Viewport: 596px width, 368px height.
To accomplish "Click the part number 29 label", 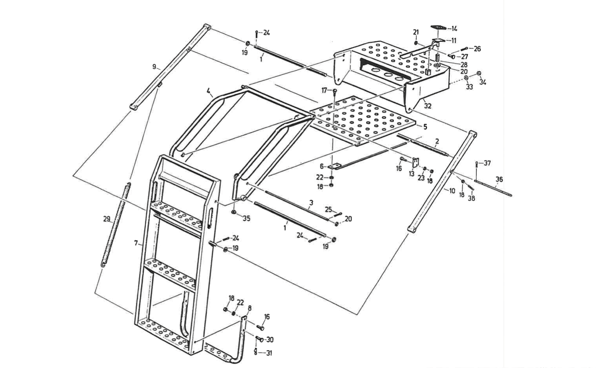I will (106, 219).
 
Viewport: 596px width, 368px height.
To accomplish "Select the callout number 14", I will (454, 29).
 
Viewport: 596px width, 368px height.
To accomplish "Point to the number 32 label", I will (428, 106).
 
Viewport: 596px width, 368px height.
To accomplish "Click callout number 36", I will (499, 180).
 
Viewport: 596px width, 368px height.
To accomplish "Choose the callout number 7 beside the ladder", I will (136, 243).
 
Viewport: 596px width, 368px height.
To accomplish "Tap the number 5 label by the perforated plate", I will (425, 127).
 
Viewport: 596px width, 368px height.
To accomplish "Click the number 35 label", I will (246, 218).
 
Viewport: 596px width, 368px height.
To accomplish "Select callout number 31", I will (268, 353).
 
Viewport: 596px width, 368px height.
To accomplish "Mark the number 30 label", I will (270, 340).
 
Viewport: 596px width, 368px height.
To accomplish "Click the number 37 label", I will (487, 163).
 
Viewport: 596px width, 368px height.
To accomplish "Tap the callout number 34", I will (483, 82).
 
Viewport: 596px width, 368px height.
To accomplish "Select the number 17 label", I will (324, 91).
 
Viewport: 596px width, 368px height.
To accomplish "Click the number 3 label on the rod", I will (311, 202).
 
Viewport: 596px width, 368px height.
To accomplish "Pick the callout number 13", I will (412, 174).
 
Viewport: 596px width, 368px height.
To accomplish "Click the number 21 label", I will (416, 32).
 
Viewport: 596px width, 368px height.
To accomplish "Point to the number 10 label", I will (452, 190).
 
